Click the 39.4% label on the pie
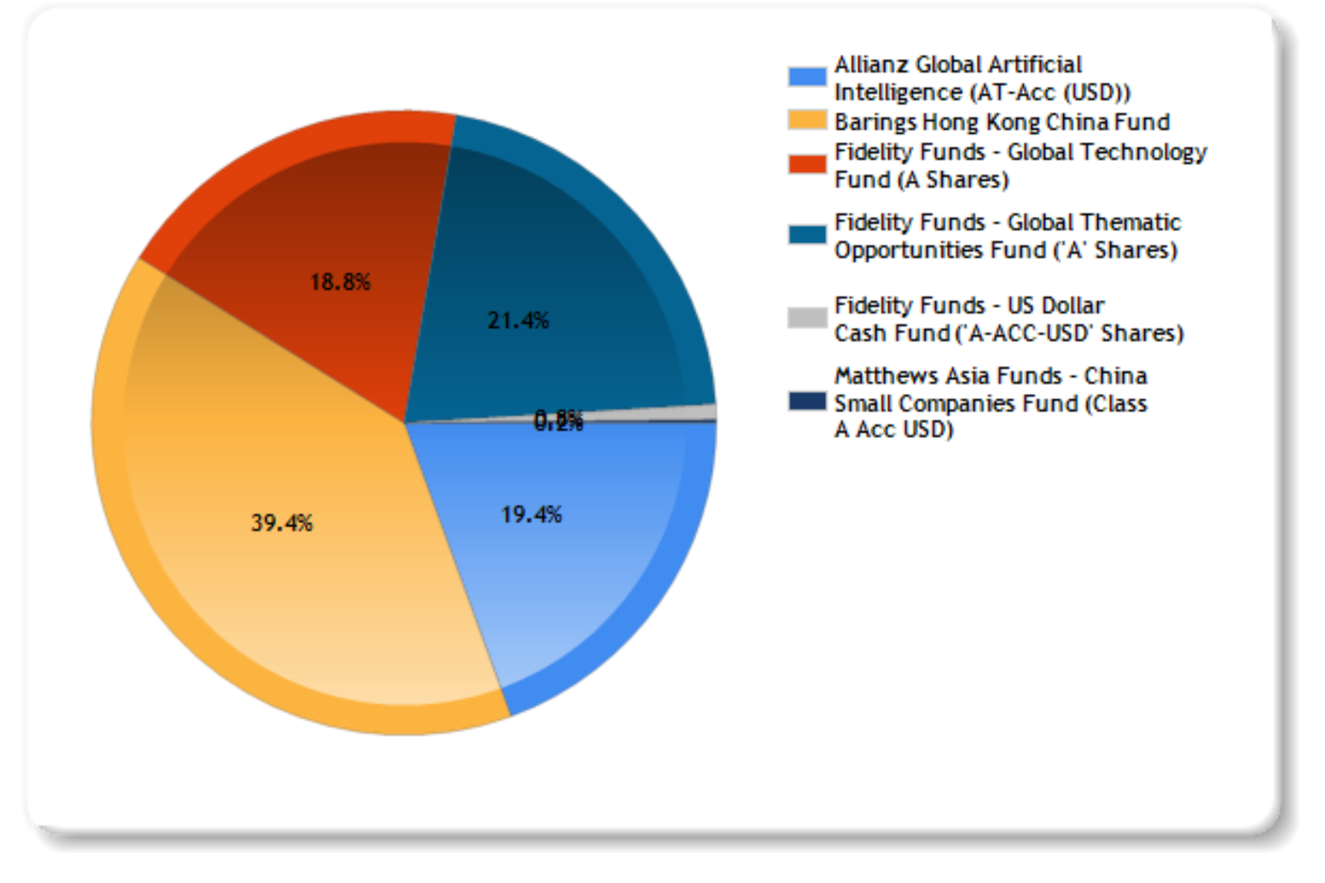coord(282,523)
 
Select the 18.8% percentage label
coord(340,282)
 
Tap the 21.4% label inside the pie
coord(518,321)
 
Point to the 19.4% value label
coord(531,514)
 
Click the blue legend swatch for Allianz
coord(807,77)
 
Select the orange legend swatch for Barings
coord(807,121)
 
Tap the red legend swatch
coord(807,164)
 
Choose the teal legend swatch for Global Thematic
coord(807,235)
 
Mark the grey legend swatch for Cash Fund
coord(807,318)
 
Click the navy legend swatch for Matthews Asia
coord(807,401)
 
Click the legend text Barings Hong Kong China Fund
coord(1002,122)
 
